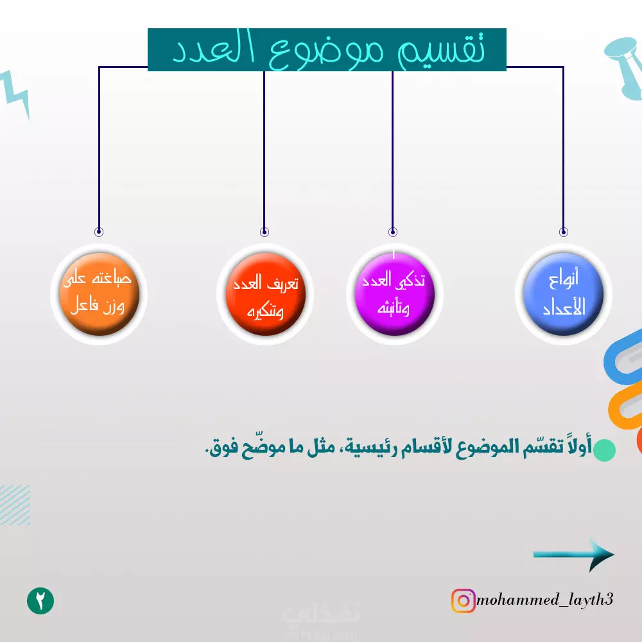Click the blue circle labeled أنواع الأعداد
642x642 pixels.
(564, 294)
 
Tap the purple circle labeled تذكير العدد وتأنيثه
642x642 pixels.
(394, 294)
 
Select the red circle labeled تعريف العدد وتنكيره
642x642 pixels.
(265, 294)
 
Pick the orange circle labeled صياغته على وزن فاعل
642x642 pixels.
(99, 294)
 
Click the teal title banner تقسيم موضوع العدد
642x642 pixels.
(327, 49)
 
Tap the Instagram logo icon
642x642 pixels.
(463, 601)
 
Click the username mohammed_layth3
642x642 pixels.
(544, 600)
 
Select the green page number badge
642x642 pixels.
(40, 601)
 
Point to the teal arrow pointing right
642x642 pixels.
(573, 555)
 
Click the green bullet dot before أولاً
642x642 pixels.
(604, 450)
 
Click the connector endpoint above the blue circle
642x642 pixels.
(564, 232)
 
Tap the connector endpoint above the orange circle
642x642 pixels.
(99, 232)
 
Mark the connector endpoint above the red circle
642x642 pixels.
(265, 232)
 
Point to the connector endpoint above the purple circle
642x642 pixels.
(393, 232)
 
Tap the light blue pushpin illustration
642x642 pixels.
(625, 67)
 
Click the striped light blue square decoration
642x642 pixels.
(15, 505)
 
